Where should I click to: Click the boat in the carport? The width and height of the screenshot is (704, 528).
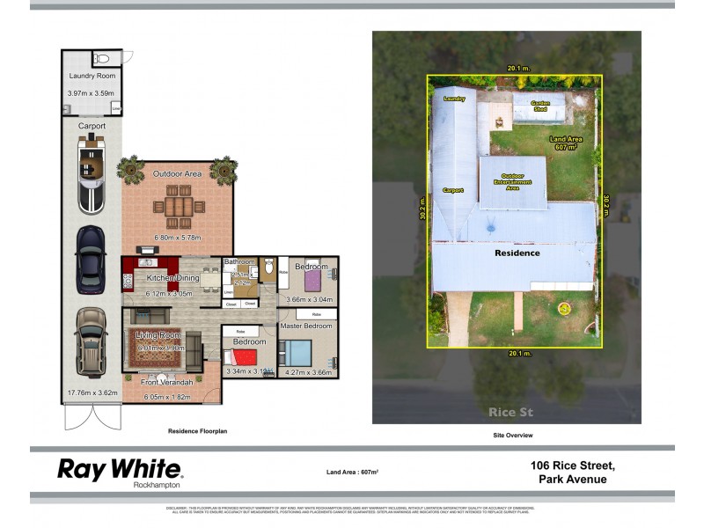(92, 178)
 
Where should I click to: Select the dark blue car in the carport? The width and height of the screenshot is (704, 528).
(92, 260)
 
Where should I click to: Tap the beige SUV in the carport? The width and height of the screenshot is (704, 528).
(92, 341)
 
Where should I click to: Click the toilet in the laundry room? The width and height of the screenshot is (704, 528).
(102, 59)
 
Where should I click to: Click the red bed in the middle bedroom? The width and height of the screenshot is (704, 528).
(239, 356)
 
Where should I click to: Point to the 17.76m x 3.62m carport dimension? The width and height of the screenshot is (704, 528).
(92, 392)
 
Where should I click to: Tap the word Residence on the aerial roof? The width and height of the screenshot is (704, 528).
(517, 253)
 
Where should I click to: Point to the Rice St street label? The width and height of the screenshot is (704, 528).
(506, 412)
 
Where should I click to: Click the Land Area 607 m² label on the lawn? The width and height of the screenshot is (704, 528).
(569, 143)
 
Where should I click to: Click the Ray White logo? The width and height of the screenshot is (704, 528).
(120, 470)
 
